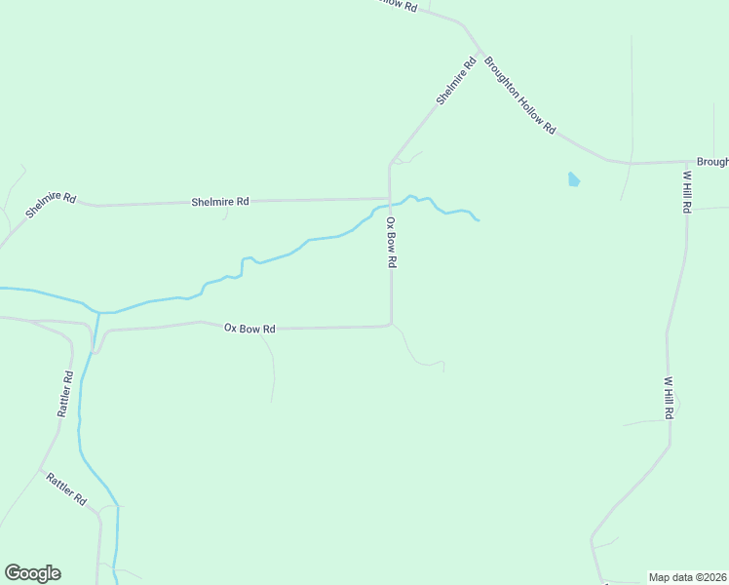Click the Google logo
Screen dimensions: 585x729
pos(32,573)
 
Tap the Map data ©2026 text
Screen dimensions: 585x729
pos(687,576)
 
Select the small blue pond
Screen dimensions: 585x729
pos(573,179)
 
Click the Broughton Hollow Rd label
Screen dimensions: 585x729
pos(520,94)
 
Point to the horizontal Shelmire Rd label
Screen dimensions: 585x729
pos(220,202)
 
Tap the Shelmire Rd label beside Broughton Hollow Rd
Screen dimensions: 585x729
pos(455,81)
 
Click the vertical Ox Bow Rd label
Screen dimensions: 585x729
pos(391,243)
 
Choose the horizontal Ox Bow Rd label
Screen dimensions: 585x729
pos(249,329)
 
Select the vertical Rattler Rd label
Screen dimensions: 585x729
pos(65,394)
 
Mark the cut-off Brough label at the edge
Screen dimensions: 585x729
pos(711,162)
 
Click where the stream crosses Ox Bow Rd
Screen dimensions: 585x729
pos(390,205)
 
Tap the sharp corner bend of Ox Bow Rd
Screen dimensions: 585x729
pos(391,325)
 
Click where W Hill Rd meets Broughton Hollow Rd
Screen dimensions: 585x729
pos(686,162)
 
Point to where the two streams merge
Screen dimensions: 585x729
pos(98,312)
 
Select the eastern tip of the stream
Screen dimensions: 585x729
pos(479,220)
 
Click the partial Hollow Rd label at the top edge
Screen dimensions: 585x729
pos(397,5)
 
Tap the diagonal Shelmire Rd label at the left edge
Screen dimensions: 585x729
pos(51,204)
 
